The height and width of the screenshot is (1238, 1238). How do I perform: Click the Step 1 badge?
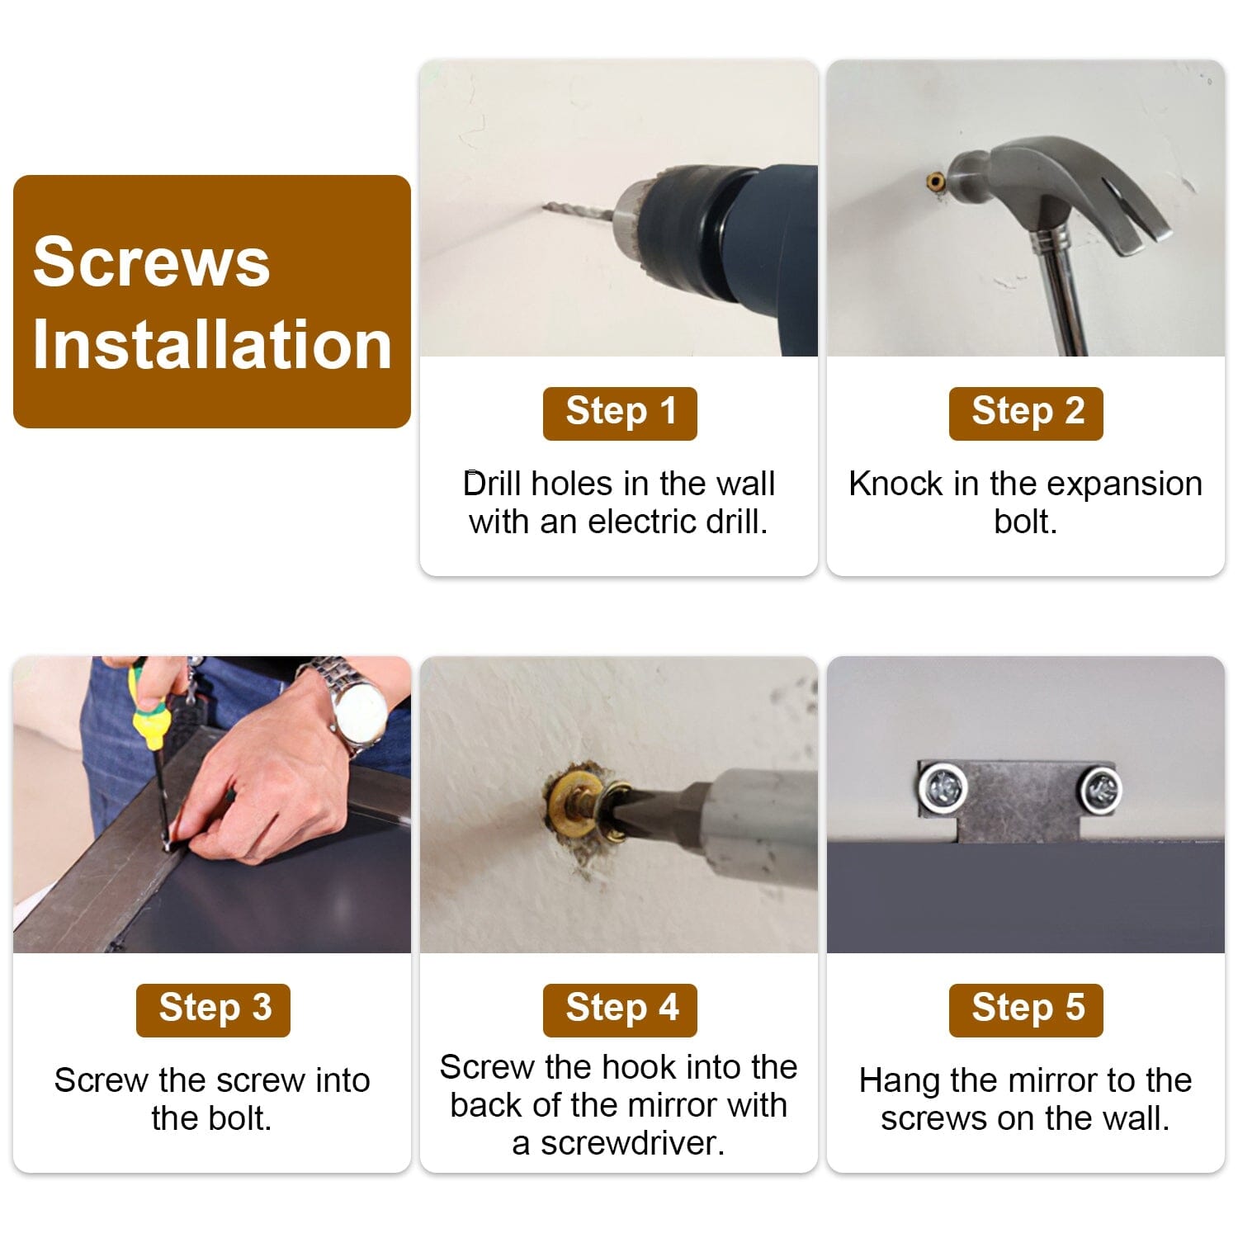[x=620, y=413]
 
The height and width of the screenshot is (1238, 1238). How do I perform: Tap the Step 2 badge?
[x=1026, y=413]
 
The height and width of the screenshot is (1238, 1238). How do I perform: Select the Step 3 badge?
[x=213, y=1009]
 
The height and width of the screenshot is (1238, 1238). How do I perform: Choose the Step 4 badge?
[x=620, y=1009]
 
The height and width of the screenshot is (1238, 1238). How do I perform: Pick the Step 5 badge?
[x=1026, y=1009]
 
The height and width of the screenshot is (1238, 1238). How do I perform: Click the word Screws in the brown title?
[x=152, y=262]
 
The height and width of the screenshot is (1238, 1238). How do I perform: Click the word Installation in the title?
[x=212, y=344]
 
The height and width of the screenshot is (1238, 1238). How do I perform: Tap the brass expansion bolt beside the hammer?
[x=936, y=182]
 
